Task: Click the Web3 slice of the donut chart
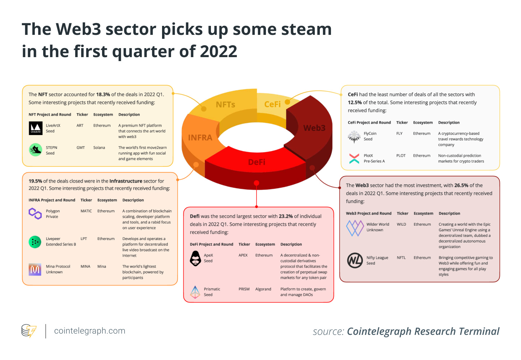click(x=314, y=128)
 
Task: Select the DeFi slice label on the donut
click(x=257, y=162)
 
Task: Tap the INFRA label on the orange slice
click(x=200, y=138)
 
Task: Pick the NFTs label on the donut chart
click(x=225, y=105)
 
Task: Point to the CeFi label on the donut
click(x=272, y=104)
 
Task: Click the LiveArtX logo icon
click(x=36, y=128)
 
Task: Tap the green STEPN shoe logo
click(x=36, y=150)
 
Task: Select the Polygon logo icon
click(x=35, y=213)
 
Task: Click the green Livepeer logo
click(x=35, y=242)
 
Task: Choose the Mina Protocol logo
click(x=35, y=269)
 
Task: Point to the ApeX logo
click(x=195, y=258)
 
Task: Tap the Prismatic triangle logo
click(x=195, y=292)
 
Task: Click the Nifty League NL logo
click(x=355, y=260)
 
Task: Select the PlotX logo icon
click(x=354, y=158)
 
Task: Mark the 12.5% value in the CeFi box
click(x=355, y=102)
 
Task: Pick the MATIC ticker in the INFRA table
click(x=86, y=211)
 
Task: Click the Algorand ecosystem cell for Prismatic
click(x=263, y=289)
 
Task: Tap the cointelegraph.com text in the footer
click(x=89, y=331)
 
